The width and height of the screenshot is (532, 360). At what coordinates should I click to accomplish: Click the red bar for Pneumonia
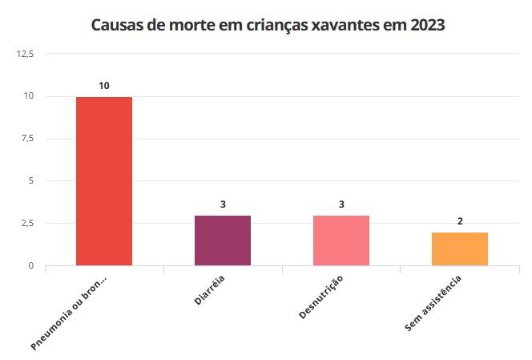104,180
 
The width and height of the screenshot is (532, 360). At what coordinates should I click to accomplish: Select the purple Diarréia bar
223,241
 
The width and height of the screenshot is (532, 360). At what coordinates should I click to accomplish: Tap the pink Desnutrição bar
341,241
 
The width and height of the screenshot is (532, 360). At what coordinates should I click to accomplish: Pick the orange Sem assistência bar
460,249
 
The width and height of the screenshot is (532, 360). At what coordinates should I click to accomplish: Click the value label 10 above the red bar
104,85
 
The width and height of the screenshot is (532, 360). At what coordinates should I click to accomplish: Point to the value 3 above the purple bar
223,204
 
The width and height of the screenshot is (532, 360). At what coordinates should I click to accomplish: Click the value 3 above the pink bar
341,204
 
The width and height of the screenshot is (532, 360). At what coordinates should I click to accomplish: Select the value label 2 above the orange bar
460,220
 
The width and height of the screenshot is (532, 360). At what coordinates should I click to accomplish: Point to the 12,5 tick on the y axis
25,54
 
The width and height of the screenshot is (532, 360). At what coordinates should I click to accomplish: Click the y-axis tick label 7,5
27,139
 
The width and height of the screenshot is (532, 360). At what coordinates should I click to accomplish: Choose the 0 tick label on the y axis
31,265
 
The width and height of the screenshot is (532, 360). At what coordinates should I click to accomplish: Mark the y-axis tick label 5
31,180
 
